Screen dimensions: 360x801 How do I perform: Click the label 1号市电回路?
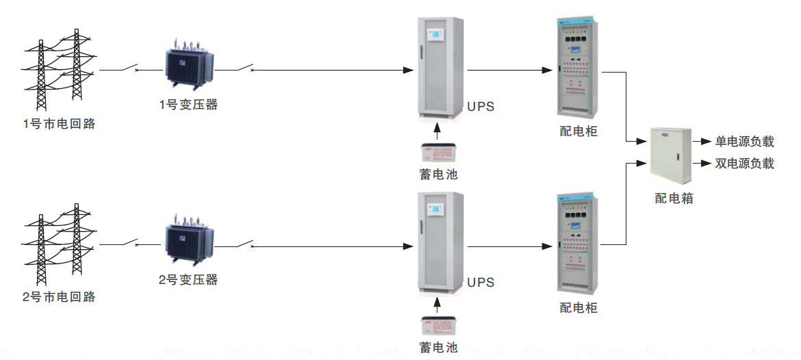(x=59, y=125)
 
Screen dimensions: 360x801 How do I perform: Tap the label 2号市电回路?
(x=59, y=297)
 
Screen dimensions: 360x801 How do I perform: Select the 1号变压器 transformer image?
(x=189, y=68)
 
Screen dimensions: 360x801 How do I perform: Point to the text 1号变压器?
(x=188, y=105)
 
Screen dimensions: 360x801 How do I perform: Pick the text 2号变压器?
(x=188, y=279)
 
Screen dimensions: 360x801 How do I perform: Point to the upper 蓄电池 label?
(x=438, y=175)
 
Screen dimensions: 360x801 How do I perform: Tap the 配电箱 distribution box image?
(x=668, y=155)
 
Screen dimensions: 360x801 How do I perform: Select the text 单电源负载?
(x=745, y=142)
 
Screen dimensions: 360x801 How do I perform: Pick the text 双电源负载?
(x=745, y=164)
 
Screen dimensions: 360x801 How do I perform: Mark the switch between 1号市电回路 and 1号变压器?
(x=128, y=68)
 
